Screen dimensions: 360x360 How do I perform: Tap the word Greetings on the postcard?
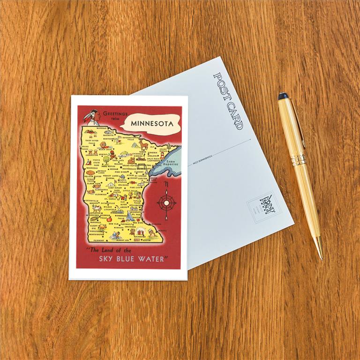coord(114,113)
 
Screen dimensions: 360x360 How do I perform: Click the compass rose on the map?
coord(166,203)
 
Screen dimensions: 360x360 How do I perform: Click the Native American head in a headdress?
coord(92,116)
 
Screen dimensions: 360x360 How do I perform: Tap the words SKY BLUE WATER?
coord(133,259)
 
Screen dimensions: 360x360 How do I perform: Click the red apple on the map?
coord(109,218)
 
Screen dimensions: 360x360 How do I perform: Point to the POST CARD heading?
coord(228,100)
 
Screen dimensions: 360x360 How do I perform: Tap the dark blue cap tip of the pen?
coord(283,96)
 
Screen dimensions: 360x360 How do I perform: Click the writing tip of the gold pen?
coord(321,255)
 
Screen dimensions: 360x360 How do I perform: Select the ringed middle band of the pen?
coord(298,160)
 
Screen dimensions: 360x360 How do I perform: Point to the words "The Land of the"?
coord(111,249)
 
